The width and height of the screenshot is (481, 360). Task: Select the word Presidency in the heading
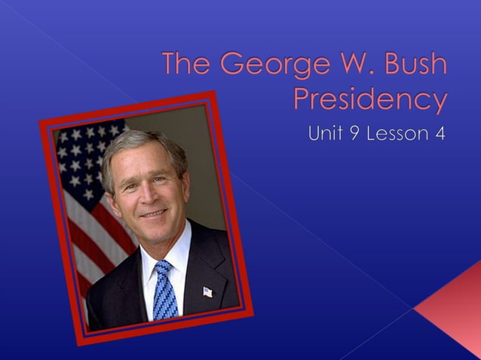click(x=369, y=99)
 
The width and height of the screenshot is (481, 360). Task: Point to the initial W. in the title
click(x=345, y=66)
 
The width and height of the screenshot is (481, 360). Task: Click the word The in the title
click(x=187, y=66)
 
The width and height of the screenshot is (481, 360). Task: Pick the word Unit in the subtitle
click(x=326, y=135)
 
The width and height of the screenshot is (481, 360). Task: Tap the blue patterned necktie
click(x=165, y=290)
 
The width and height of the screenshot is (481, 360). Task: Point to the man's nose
click(x=149, y=192)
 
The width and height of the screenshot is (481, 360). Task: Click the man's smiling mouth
click(x=154, y=212)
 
